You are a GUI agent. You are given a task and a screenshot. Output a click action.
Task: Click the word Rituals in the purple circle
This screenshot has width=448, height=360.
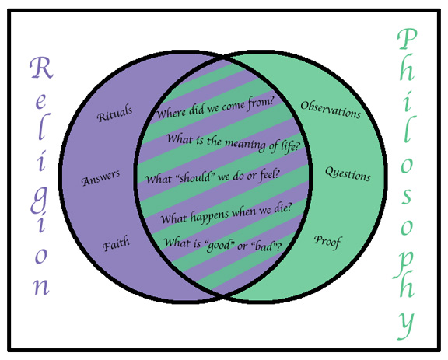pyautogui.click(x=114, y=114)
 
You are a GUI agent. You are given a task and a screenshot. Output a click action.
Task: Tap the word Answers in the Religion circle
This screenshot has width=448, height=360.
pyautogui.click(x=100, y=178)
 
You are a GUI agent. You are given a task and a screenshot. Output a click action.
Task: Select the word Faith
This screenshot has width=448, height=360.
pyautogui.click(x=116, y=243)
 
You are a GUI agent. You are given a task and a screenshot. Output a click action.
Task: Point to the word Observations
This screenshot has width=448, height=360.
pyautogui.click(x=331, y=110)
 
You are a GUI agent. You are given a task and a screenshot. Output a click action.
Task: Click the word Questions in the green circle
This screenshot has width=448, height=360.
pyautogui.click(x=348, y=173)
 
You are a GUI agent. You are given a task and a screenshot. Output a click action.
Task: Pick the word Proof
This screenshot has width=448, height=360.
pyautogui.click(x=327, y=242)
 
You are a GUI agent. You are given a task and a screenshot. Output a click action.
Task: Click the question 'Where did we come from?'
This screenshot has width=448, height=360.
pyautogui.click(x=215, y=108)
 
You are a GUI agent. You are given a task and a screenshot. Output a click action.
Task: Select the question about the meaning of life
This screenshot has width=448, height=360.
pyautogui.click(x=233, y=143)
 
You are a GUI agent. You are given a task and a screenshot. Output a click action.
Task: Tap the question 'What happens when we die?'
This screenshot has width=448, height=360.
pyautogui.click(x=226, y=213)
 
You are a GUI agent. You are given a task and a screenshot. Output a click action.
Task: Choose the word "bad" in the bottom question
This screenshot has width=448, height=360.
pyautogui.click(x=264, y=246)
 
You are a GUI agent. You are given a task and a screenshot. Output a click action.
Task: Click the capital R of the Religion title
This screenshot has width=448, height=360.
pyautogui.click(x=42, y=68)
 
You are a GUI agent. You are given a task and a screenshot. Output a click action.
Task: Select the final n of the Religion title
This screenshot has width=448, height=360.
pyautogui.click(x=42, y=287)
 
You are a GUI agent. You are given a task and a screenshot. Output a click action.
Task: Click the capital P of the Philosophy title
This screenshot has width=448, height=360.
pyautogui.click(x=408, y=39)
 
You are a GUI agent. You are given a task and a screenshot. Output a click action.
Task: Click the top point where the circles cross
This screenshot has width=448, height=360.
pyautogui.click(x=223, y=58)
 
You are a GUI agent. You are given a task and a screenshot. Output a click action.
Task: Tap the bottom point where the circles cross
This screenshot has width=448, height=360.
pyautogui.click(x=223, y=295)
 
